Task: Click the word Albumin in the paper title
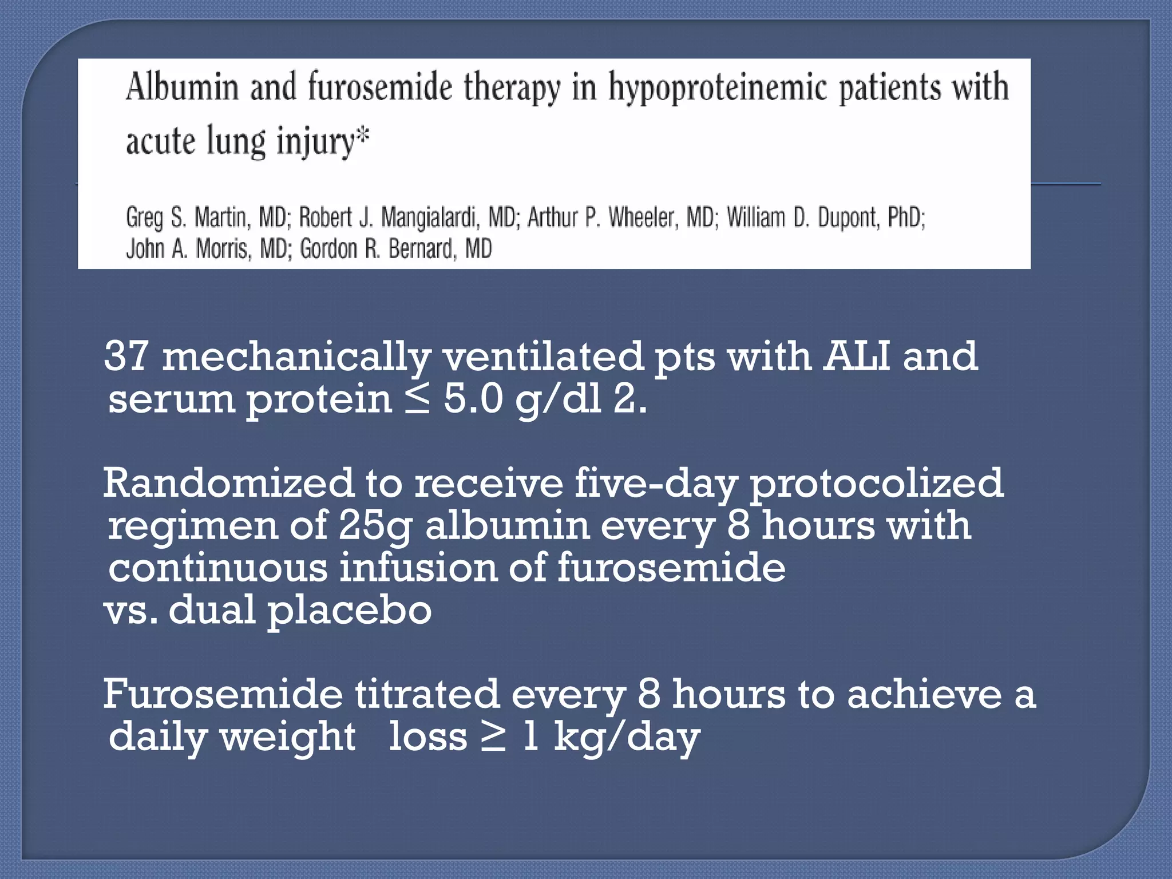(x=181, y=87)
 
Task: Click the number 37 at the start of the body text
(x=126, y=356)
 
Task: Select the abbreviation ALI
(x=856, y=356)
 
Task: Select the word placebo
(x=349, y=610)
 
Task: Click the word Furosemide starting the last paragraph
(x=223, y=694)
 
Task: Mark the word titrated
(x=427, y=694)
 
